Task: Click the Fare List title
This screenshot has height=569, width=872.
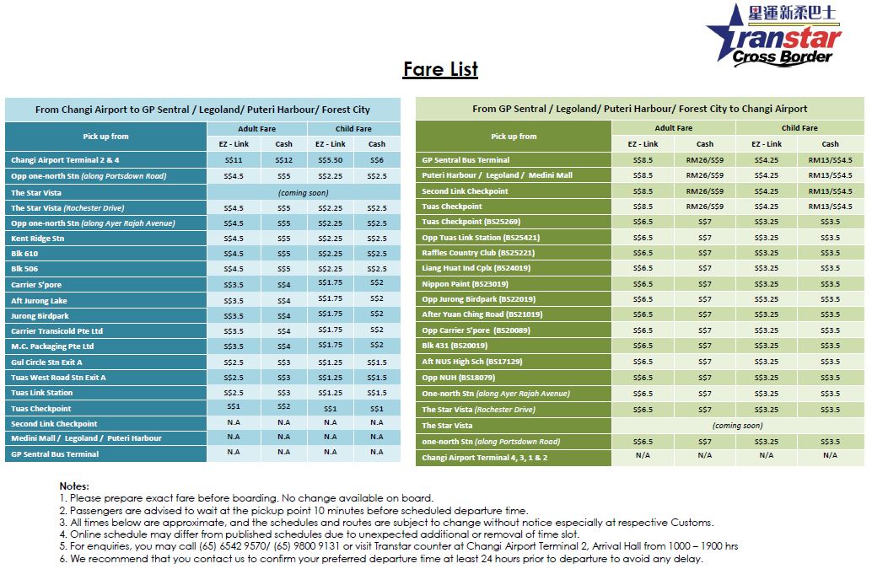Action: (x=440, y=69)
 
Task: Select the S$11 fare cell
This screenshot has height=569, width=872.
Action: (x=233, y=160)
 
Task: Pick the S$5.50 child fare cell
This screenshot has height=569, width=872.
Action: (x=331, y=160)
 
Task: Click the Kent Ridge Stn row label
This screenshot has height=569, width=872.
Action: (x=37, y=239)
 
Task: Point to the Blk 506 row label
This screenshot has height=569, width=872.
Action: (x=24, y=269)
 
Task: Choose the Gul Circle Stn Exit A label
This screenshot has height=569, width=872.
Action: (x=46, y=362)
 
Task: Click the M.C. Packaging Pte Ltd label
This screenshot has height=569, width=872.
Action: (x=52, y=346)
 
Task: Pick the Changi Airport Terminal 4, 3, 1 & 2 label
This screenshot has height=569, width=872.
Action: (x=484, y=458)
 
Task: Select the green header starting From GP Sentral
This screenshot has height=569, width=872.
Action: (x=639, y=109)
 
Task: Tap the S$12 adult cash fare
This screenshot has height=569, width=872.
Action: (x=283, y=160)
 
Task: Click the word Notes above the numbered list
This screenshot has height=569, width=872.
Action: (x=74, y=486)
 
